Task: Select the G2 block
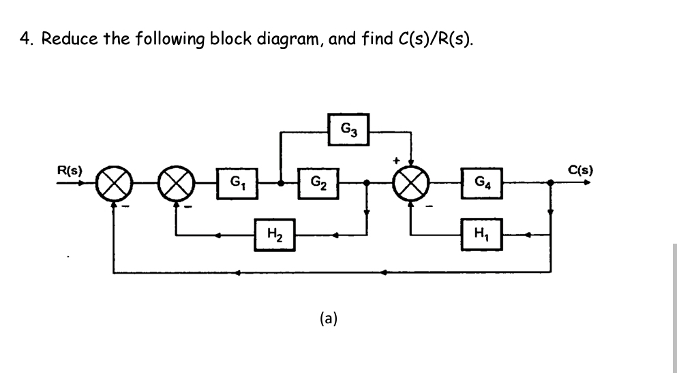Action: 318,182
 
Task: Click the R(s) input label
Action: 70,170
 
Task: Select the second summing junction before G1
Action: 175,183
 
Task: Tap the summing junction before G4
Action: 411,183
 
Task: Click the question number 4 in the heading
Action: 25,39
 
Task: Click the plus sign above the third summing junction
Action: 395,161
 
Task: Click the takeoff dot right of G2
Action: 367,182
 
